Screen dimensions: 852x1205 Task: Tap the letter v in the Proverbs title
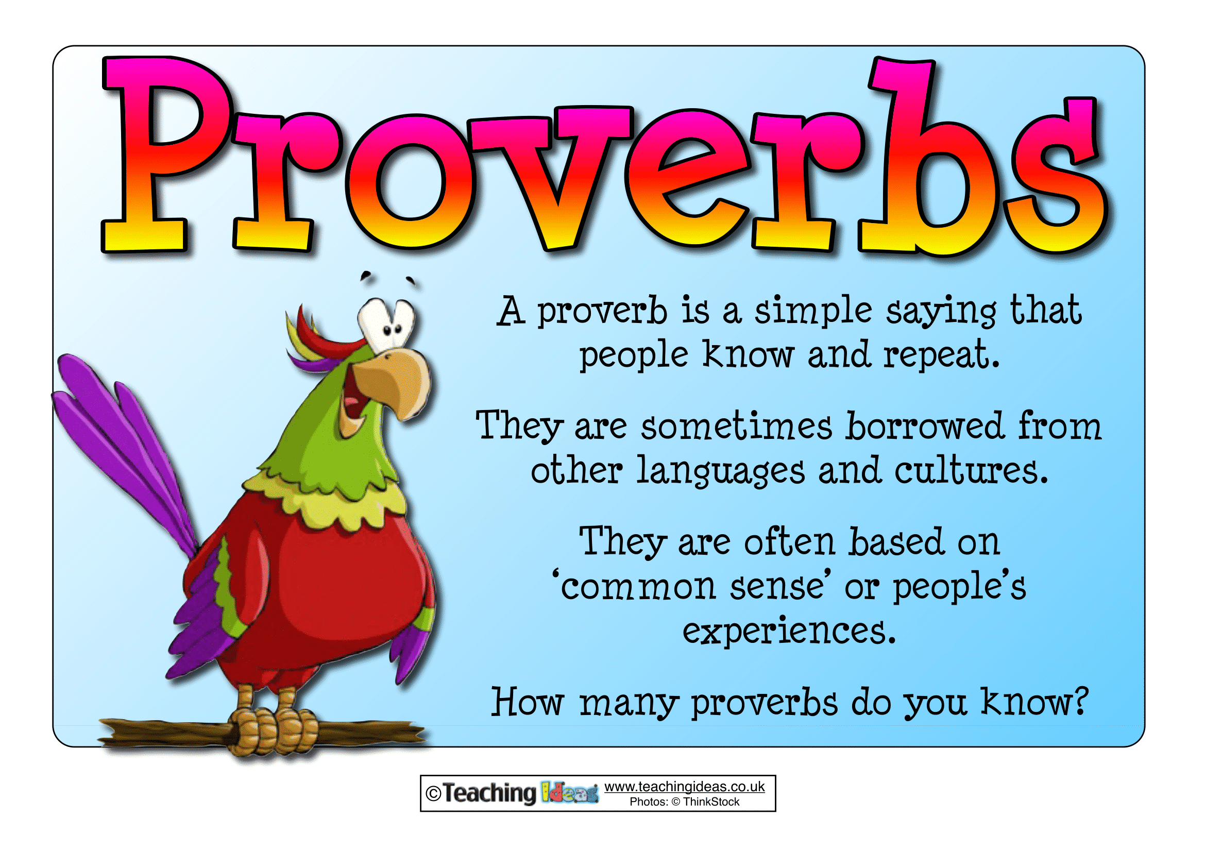551,173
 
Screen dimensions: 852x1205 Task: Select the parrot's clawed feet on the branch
273,727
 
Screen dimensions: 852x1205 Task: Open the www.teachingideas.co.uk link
684,787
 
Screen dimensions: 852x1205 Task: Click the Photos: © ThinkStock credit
684,802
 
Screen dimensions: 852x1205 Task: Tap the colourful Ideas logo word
569,793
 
